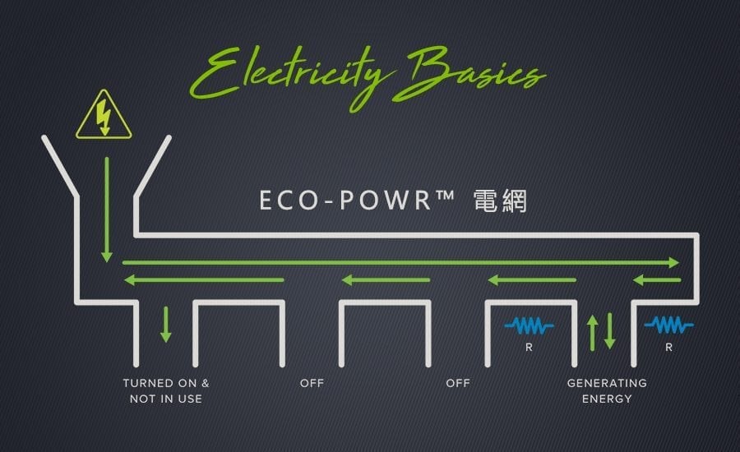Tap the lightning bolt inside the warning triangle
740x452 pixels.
104,118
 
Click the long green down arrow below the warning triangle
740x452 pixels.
107,210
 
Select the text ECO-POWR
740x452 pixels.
345,200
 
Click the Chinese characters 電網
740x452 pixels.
500,201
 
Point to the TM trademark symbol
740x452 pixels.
445,194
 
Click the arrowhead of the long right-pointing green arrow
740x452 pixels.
674,263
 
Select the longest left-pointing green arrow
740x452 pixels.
204,280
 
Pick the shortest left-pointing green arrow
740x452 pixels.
656,280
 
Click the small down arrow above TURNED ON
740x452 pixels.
165,325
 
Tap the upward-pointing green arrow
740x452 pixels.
593,333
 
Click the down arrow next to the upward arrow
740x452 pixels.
610,330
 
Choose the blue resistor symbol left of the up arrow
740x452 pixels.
529,325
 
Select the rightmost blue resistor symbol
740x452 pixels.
668,325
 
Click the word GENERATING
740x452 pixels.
607,383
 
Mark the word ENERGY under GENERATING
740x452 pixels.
607,399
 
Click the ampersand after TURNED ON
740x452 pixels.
206,383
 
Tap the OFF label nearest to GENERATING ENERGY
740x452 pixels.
458,383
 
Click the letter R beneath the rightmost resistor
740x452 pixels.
668,348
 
